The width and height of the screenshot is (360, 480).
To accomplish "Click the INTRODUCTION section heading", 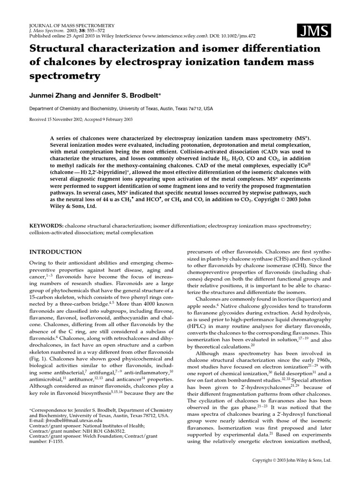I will [x=55, y=252].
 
